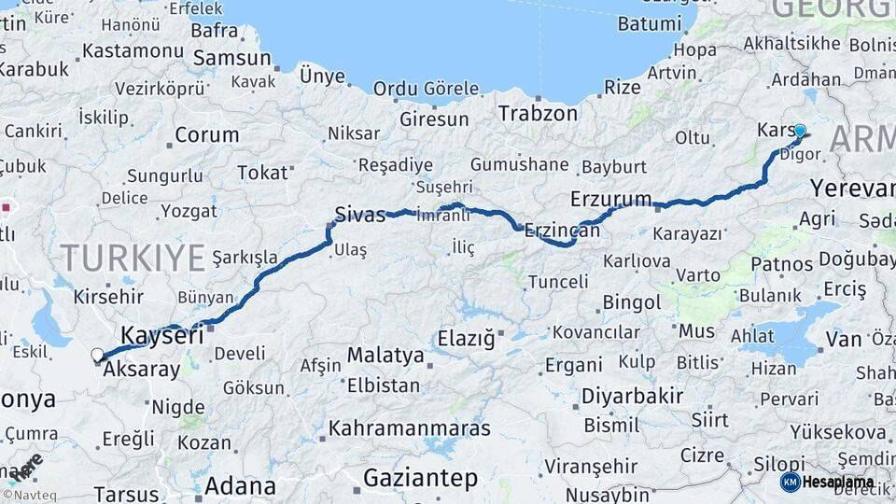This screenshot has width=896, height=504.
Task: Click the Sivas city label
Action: pyautogui.click(x=360, y=216)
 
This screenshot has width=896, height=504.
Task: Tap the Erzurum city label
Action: pyautogui.click(x=611, y=199)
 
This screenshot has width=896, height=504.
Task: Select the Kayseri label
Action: pyautogui.click(x=161, y=336)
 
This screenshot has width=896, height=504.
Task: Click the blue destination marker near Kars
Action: pyautogui.click(x=800, y=131)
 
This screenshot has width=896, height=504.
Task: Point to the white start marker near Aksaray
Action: pyautogui.click(x=97, y=355)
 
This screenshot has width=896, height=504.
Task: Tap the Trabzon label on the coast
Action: pyautogui.click(x=538, y=114)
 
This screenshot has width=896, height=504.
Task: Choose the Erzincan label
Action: pyautogui.click(x=562, y=230)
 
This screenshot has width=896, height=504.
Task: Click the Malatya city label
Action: pyautogui.click(x=385, y=355)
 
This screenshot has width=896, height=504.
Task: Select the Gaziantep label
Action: pyautogui.click(x=420, y=479)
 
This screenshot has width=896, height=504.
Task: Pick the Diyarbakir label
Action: pyautogui.click(x=633, y=396)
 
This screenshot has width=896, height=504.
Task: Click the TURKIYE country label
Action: pyautogui.click(x=133, y=257)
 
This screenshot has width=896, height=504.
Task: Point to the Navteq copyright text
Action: pyautogui.click(x=29, y=496)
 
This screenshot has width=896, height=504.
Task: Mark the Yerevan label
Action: pyautogui.click(x=852, y=188)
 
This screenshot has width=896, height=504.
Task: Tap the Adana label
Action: pyautogui.click(x=240, y=486)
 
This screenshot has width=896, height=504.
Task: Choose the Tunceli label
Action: pyautogui.click(x=558, y=281)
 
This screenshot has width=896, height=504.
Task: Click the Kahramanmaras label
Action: pyautogui.click(x=410, y=429)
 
